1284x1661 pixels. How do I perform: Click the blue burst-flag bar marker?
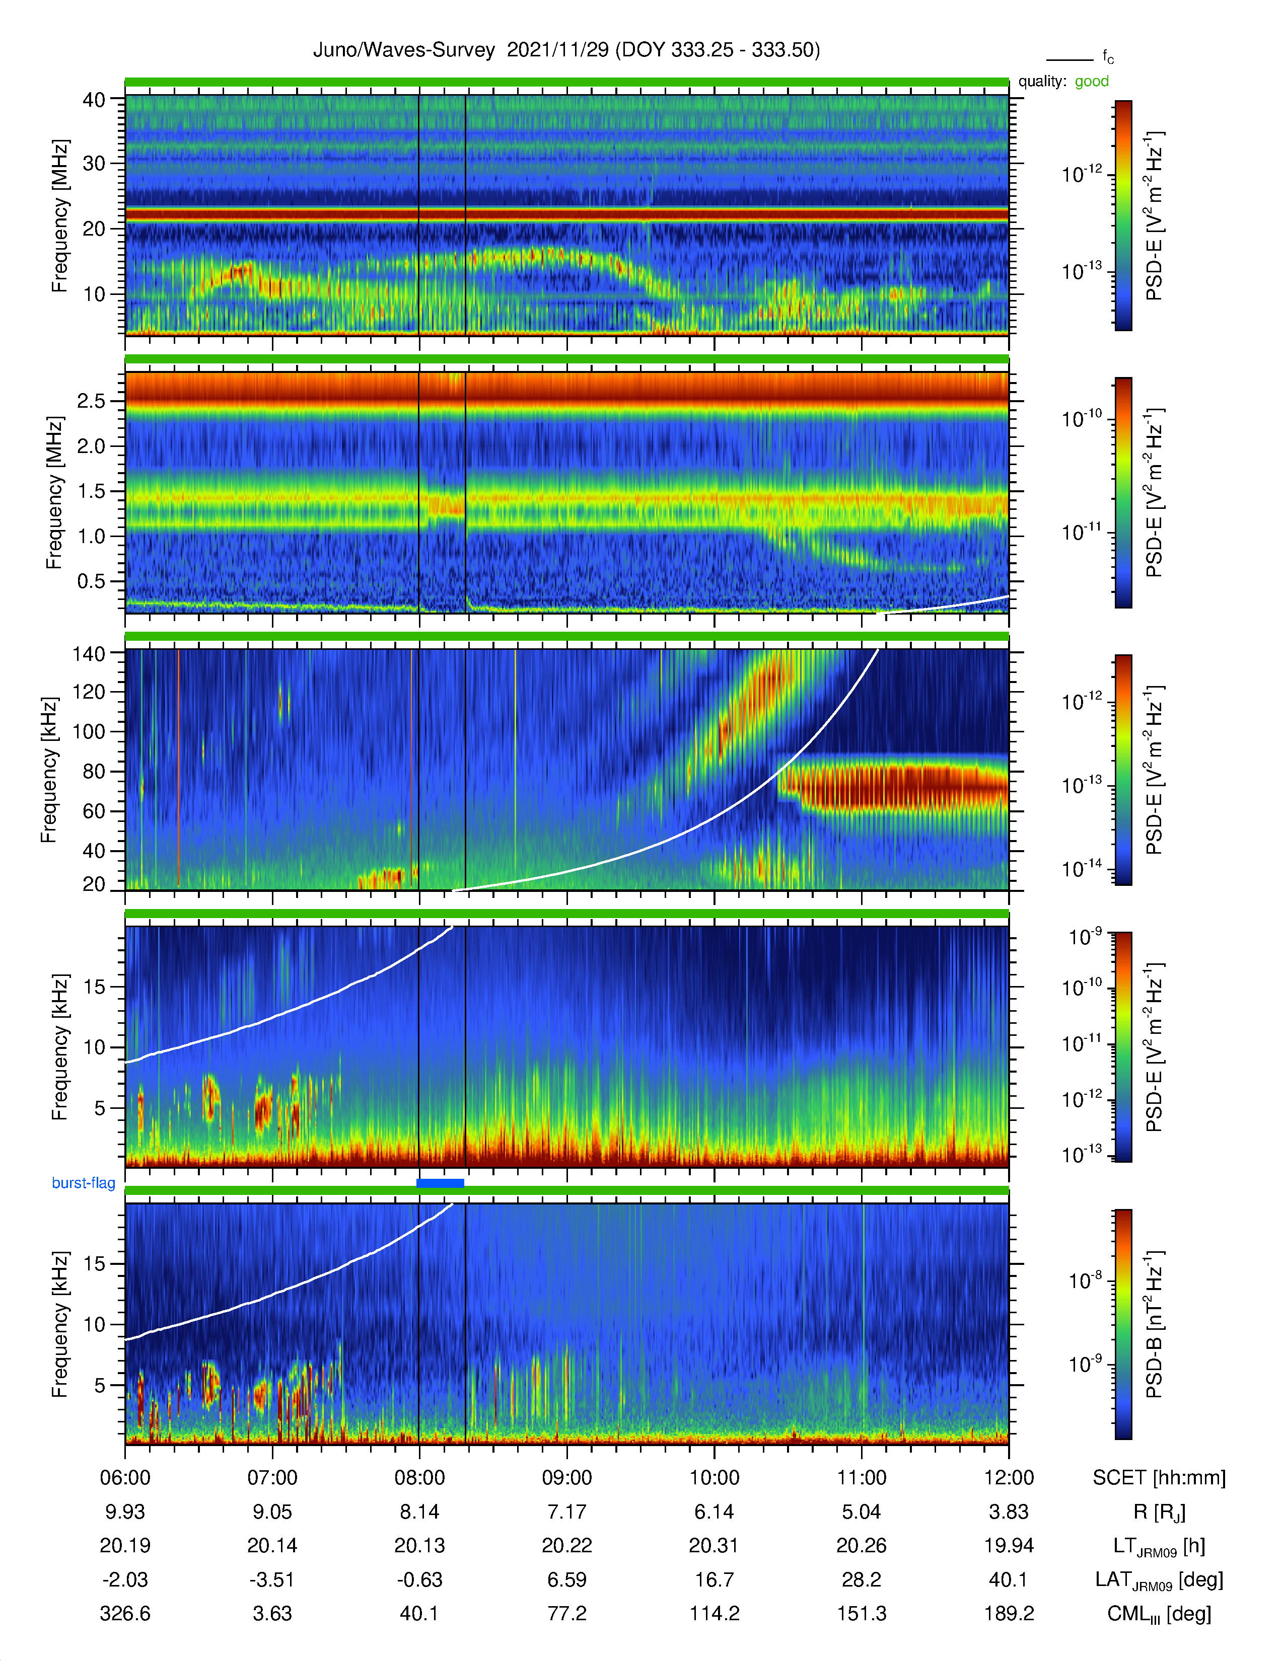[x=441, y=1183]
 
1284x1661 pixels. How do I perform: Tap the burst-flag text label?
[x=84, y=1183]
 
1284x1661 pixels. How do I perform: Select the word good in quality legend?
[x=1092, y=82]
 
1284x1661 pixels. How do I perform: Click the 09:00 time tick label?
[x=566, y=1478]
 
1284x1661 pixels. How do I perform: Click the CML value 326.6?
[x=125, y=1614]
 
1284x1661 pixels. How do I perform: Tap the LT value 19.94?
[x=1009, y=1545]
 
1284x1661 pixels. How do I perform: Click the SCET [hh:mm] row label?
[x=1159, y=1478]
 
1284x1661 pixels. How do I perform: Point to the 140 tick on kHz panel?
[x=88, y=654]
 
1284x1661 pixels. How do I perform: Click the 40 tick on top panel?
[x=94, y=100]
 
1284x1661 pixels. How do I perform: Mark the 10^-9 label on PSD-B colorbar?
[x=1086, y=1365]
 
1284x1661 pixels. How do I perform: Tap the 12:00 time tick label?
[x=1009, y=1478]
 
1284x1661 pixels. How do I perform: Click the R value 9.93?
[x=125, y=1512]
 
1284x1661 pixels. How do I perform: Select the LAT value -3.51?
[x=272, y=1579]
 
